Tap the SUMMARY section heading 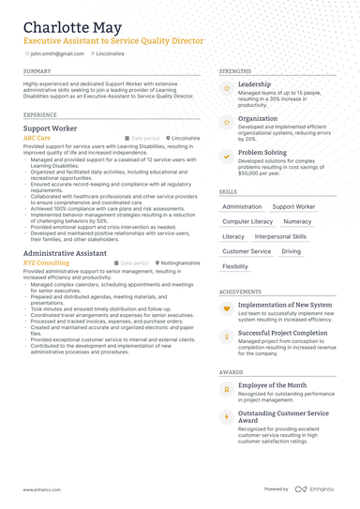click(37, 71)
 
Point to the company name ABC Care click(37, 138)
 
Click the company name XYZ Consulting click(46, 263)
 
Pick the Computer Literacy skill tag click(247, 221)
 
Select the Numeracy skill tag click(297, 221)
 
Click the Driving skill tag click(292, 251)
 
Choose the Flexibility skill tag click(235, 266)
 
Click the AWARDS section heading click(231, 371)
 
